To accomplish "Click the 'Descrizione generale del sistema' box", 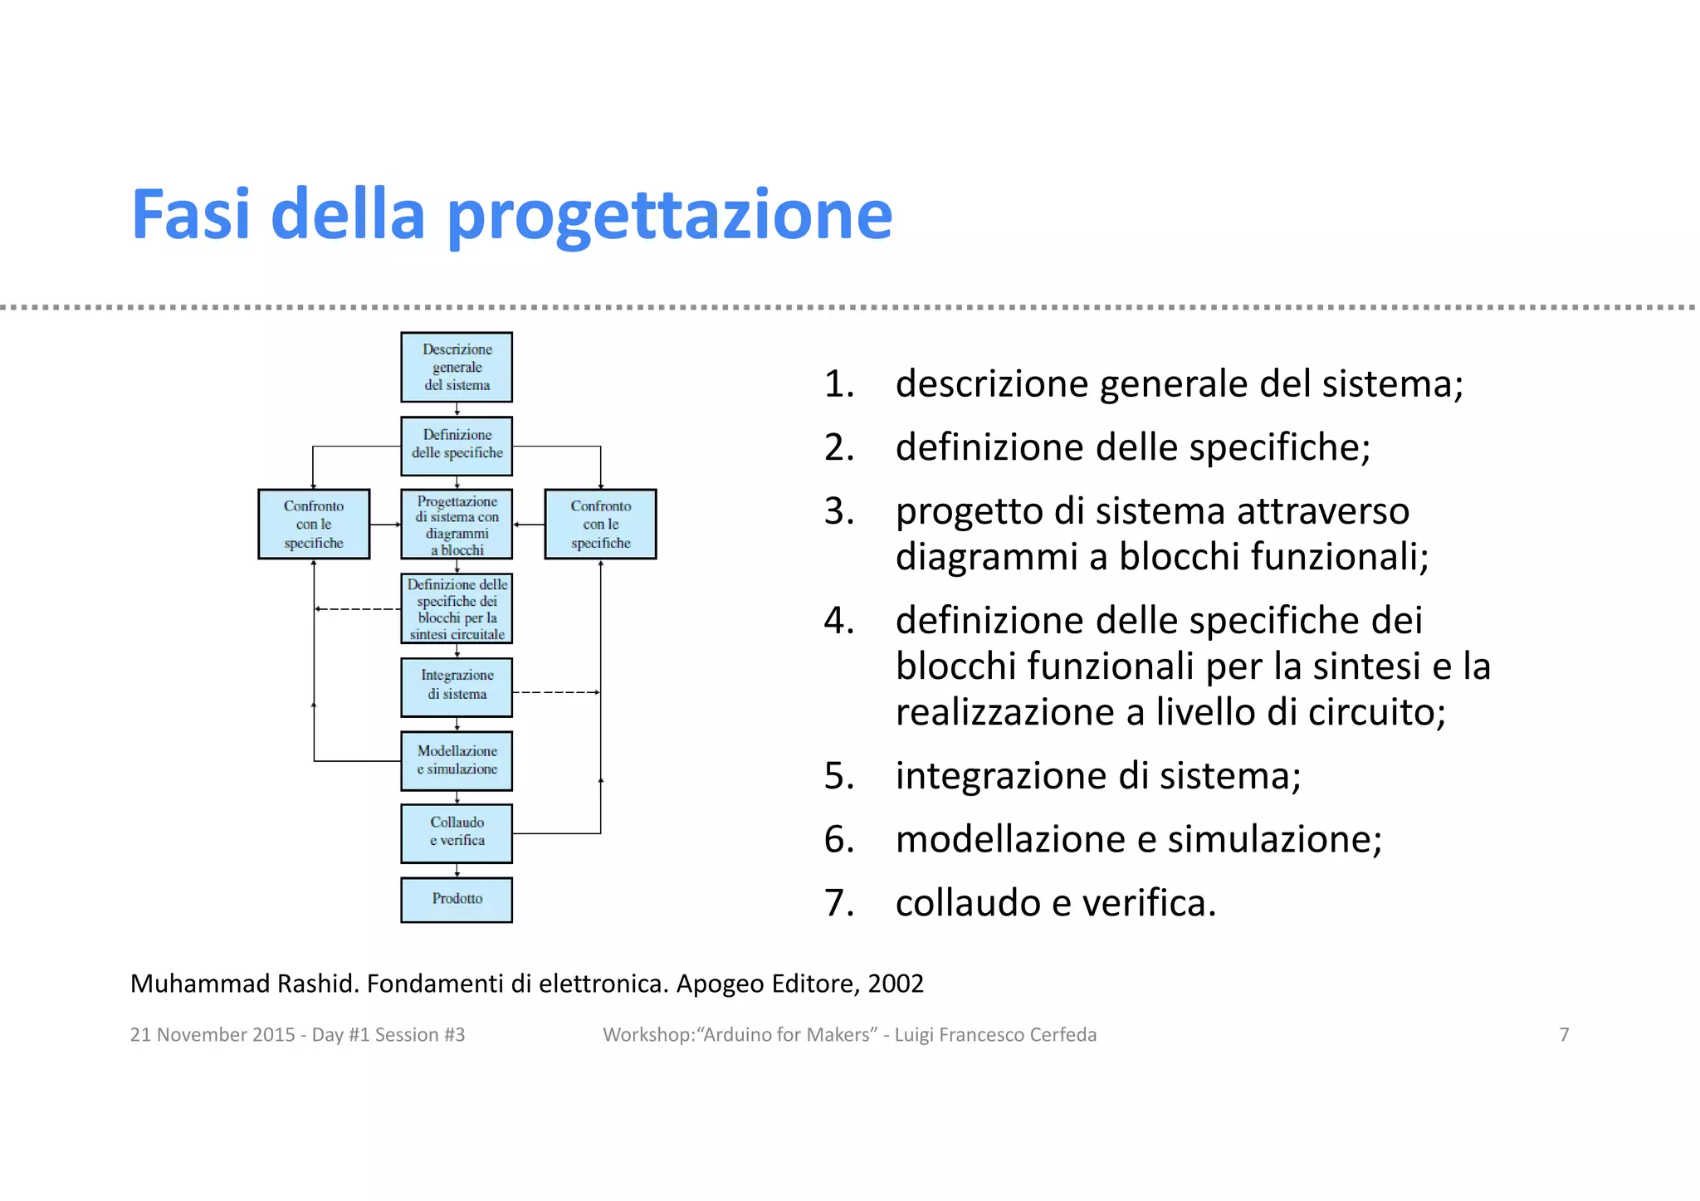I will point(457,367).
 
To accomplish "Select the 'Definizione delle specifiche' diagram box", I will point(457,446).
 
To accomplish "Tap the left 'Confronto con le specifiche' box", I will point(314,524).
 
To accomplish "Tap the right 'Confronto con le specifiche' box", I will point(600,524).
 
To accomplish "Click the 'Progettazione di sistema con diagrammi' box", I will point(457,524).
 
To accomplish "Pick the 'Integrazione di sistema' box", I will point(457,686).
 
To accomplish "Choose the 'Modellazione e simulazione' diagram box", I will point(457,760).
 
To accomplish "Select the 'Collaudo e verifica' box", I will point(457,832).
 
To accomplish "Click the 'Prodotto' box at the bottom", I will point(457,899).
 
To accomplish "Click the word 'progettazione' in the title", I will point(669,216).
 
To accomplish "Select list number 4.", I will point(838,620).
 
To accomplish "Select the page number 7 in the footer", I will point(1564,1034).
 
